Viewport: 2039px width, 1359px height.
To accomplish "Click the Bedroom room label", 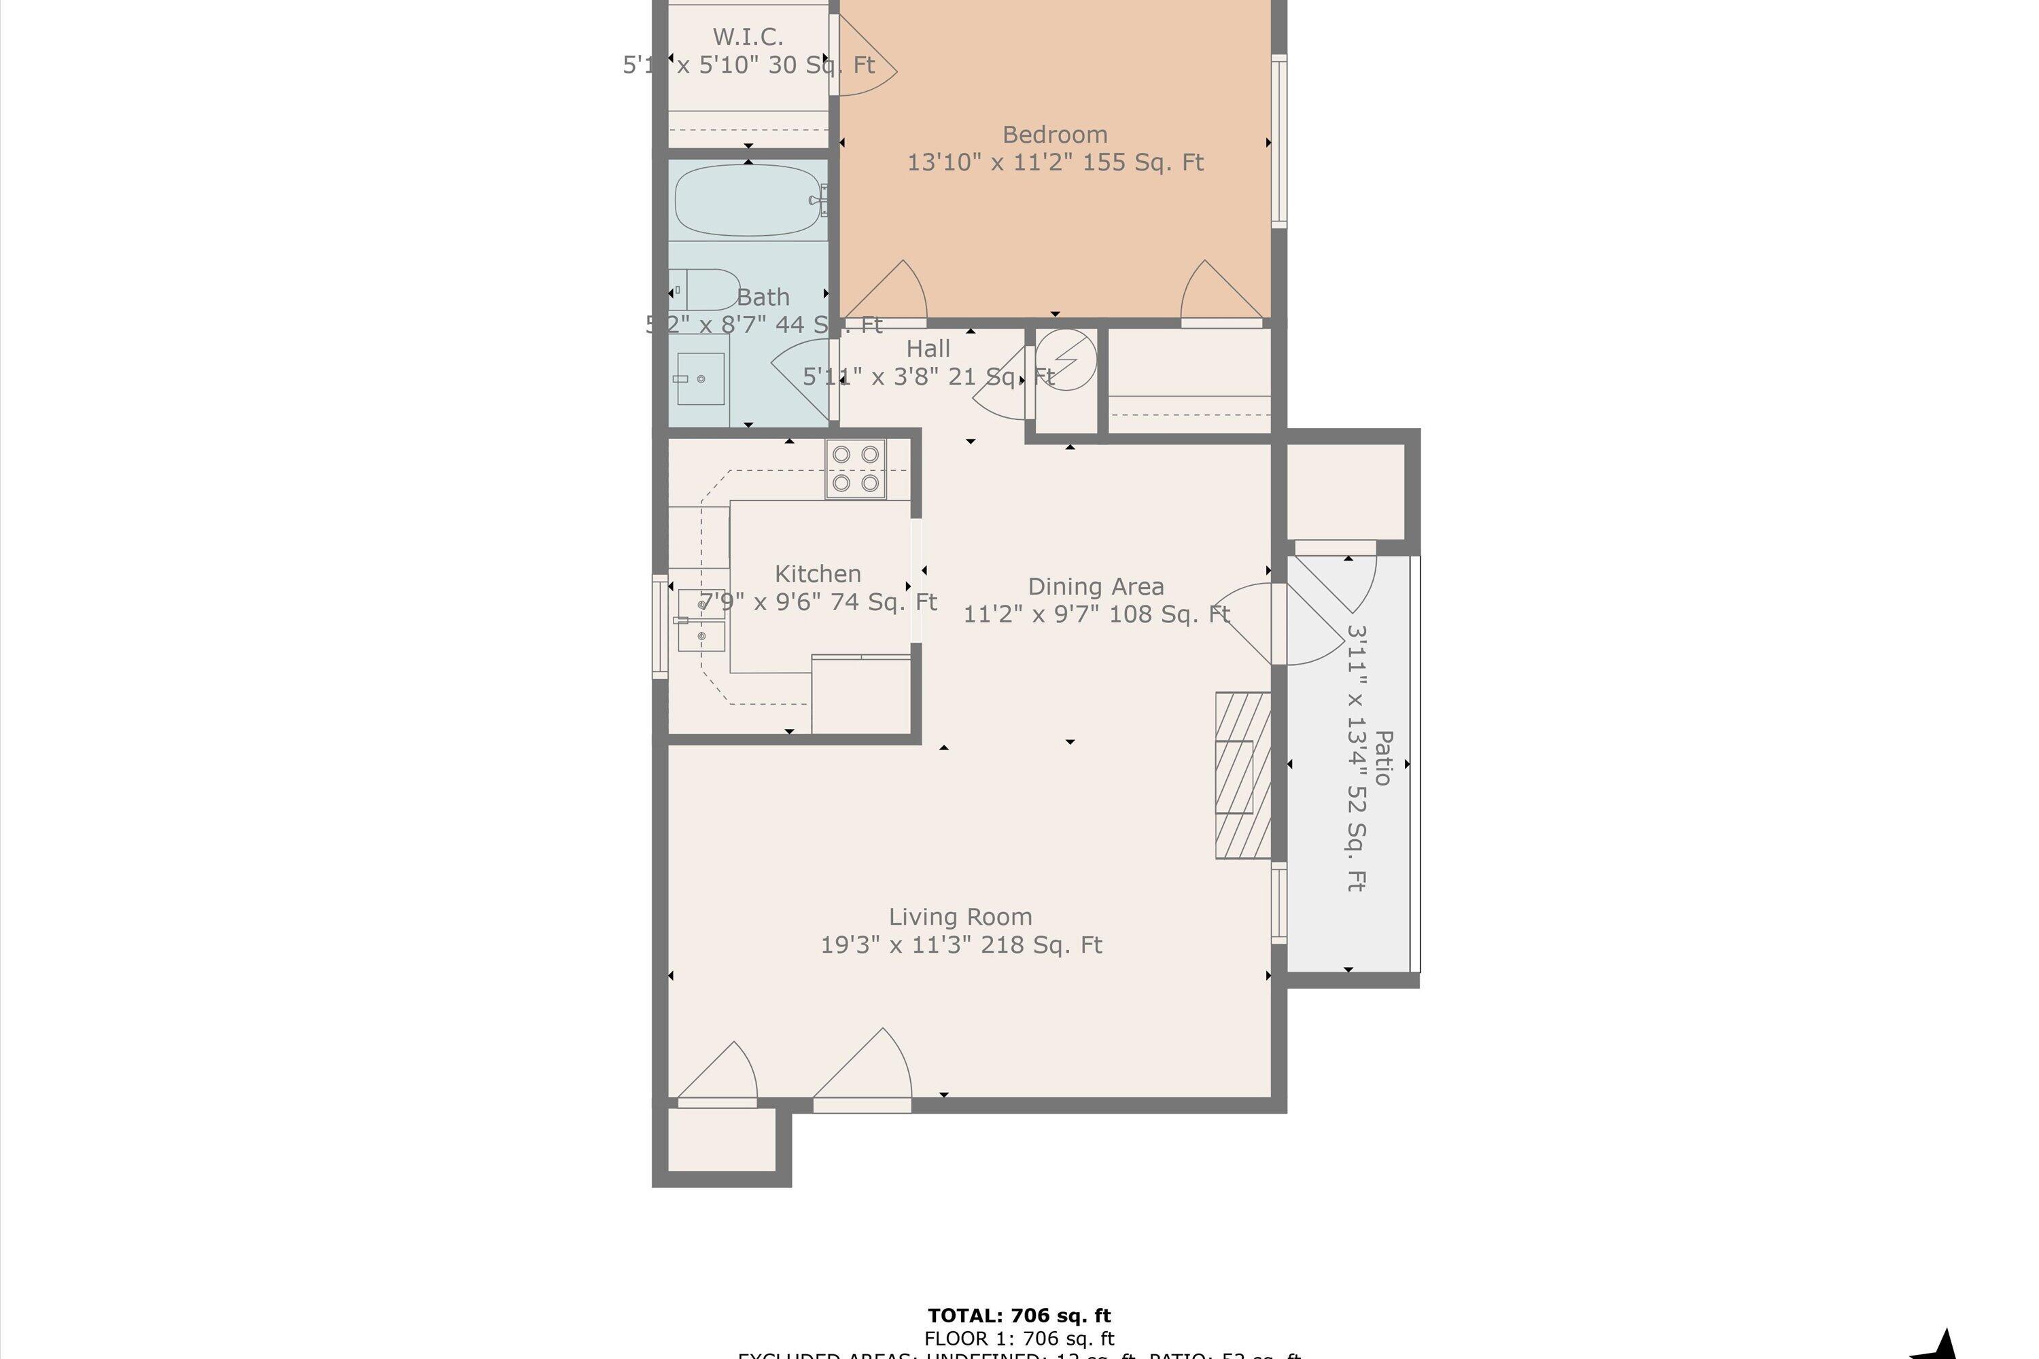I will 1054,135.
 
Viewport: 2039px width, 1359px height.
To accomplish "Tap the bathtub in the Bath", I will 747,200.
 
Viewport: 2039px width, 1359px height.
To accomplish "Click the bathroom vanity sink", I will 701,378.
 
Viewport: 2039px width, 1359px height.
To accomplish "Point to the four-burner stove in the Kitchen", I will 855,469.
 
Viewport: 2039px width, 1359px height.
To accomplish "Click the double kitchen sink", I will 701,620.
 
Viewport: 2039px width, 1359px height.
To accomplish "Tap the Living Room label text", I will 960,917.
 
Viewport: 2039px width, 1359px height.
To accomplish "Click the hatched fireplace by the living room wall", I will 1242,776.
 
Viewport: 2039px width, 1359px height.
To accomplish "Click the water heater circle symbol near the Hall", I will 1067,359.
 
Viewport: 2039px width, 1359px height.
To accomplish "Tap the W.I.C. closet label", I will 747,37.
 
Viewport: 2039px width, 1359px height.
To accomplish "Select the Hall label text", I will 928,349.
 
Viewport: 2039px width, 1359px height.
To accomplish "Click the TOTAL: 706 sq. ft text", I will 1019,1316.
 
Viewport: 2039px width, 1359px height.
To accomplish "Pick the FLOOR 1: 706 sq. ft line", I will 1019,1339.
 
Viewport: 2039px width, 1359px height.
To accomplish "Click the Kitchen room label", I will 817,573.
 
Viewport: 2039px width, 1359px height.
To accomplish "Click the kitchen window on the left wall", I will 660,626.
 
